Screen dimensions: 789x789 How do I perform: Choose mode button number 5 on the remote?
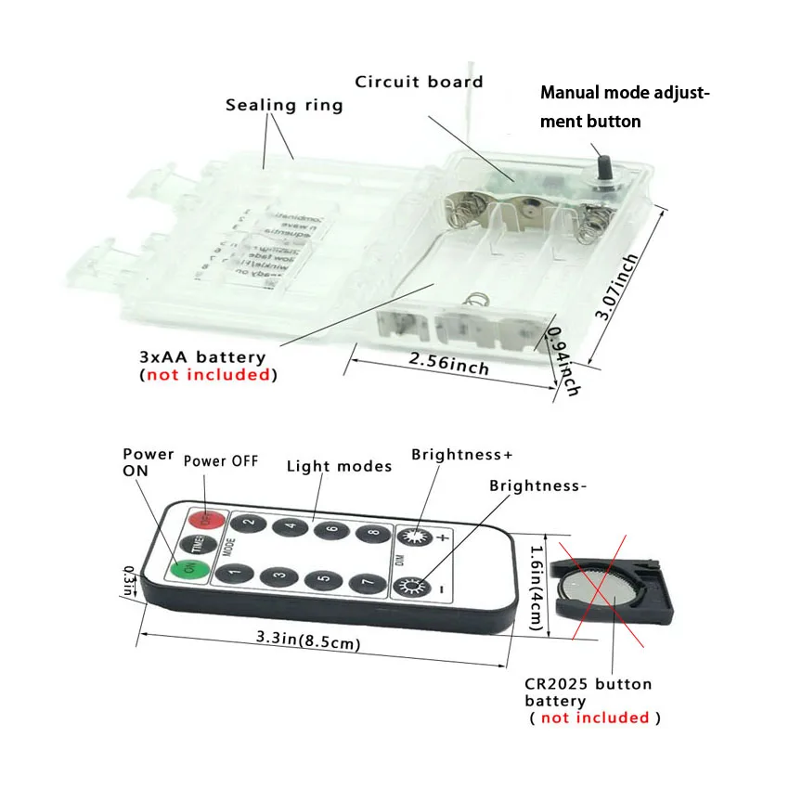click(322, 580)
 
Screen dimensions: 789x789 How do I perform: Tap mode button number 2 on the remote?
click(249, 522)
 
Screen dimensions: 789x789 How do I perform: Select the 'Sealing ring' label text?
click(284, 104)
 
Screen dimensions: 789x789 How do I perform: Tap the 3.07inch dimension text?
click(618, 288)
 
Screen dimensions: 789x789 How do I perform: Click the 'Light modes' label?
click(339, 465)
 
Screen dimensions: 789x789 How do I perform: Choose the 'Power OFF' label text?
click(221, 460)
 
